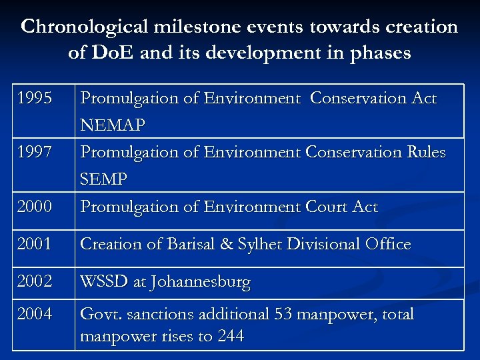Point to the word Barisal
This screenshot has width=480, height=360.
point(194,245)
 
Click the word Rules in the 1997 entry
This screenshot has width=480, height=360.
point(423,153)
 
